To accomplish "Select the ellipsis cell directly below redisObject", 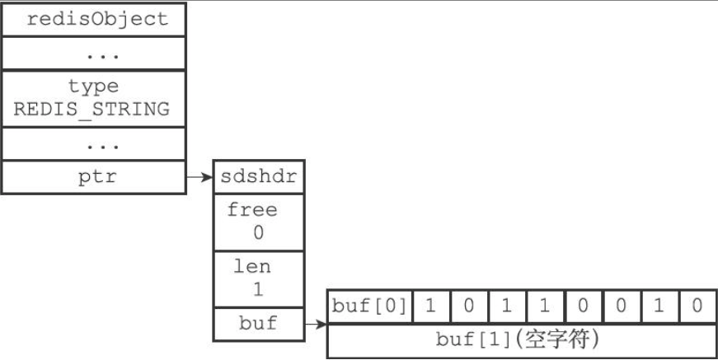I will pyautogui.click(x=93, y=54).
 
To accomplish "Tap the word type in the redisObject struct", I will pyautogui.click(x=93, y=85).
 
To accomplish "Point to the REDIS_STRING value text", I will pyautogui.click(x=93, y=108).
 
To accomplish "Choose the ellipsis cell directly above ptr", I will pyautogui.click(x=93, y=145).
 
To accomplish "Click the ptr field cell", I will pyautogui.click(x=93, y=178).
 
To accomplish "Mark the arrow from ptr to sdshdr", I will pyautogui.click(x=199, y=177).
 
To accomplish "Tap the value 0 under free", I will pyautogui.click(x=258, y=233).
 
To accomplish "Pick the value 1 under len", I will pyautogui.click(x=258, y=290).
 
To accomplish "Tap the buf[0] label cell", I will pyautogui.click(x=369, y=306).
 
